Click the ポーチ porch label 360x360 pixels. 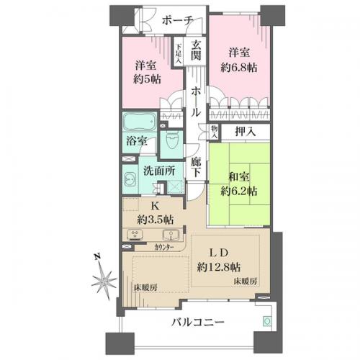point(178,21)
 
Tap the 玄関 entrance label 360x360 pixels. point(196,51)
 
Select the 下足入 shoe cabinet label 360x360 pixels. point(179,54)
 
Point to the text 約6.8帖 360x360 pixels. point(239,68)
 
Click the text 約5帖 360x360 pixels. point(147,79)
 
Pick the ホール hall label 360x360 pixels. point(196,102)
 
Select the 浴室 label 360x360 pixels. point(137,141)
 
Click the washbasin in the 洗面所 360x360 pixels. point(130,179)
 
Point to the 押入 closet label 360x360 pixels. point(246,132)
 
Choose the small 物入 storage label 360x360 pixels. point(214,132)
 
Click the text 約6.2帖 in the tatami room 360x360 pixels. point(239,192)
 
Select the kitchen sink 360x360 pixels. point(171,235)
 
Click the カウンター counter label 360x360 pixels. point(164,247)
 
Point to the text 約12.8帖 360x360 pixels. point(219,266)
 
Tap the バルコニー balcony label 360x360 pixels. point(198,322)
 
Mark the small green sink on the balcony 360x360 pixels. point(267,321)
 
